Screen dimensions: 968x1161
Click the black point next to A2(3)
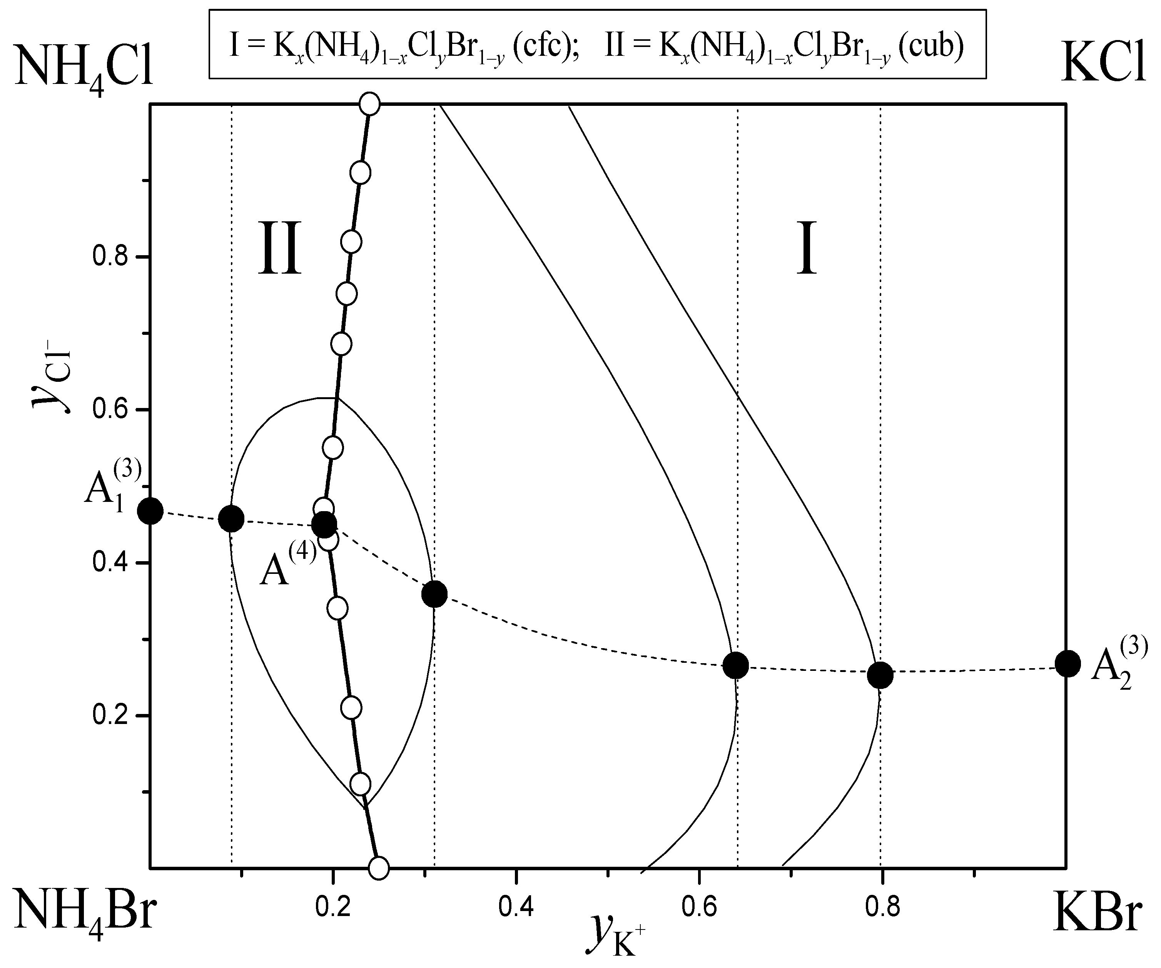click(x=1067, y=664)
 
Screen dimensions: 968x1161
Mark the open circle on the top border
click(x=369, y=104)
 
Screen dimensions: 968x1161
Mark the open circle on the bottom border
click(x=379, y=868)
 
